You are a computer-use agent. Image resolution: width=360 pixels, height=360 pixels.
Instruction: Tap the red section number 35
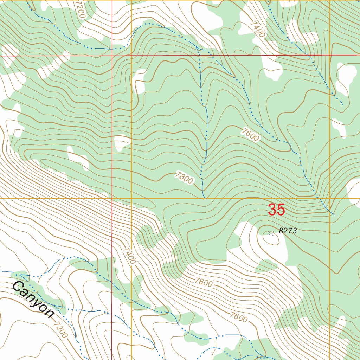pyautogui.click(x=276, y=210)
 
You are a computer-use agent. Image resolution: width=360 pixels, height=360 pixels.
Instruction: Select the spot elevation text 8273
pyautogui.click(x=288, y=231)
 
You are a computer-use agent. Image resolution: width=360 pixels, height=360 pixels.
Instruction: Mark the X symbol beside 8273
pyautogui.click(x=271, y=233)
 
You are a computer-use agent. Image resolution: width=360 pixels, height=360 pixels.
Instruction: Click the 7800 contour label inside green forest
pyautogui.click(x=184, y=178)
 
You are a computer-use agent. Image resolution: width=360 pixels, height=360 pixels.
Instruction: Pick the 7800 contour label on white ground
pyautogui.click(x=204, y=282)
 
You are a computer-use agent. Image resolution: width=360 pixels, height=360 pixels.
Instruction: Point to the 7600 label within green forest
pyautogui.click(x=250, y=135)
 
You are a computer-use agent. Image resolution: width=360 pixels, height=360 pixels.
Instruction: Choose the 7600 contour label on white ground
pyautogui.click(x=239, y=317)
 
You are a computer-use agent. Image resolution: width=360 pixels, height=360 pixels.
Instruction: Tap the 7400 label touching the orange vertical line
pyautogui.click(x=129, y=256)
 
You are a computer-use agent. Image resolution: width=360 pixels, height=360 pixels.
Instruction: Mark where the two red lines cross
pyautogui.click(x=112, y=56)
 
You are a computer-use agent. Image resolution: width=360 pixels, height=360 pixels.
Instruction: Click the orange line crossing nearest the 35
pyautogui.click(x=329, y=199)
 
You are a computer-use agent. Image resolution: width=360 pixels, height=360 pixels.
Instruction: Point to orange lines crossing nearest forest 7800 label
pyautogui.click(x=131, y=199)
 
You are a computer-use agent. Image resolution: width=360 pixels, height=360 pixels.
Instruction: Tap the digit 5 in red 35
pyautogui.click(x=281, y=210)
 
